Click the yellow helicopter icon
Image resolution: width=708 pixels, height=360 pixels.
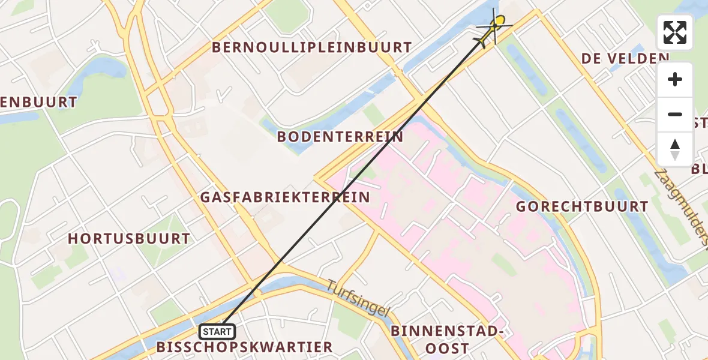[x=495, y=28]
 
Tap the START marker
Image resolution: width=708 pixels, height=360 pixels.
[x=217, y=331]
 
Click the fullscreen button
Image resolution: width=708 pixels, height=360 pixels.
[x=675, y=32]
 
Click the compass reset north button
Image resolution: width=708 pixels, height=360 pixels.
[x=675, y=149]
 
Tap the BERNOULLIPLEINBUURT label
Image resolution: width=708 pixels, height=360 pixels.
[x=311, y=47]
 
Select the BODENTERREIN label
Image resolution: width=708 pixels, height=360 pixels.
[x=340, y=137]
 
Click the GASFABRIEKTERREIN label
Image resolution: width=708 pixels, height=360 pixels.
[x=284, y=197]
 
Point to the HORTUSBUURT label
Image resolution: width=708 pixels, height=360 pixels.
[x=128, y=239]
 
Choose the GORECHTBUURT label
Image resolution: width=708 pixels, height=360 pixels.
[x=582, y=207]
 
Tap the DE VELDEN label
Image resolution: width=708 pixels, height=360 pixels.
[x=625, y=58]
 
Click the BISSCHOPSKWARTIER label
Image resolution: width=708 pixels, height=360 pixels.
[x=244, y=347]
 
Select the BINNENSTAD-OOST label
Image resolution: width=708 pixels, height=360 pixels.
[x=446, y=340]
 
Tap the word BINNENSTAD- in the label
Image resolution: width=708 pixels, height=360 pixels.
[x=446, y=331]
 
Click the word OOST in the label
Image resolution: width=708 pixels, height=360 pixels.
[x=446, y=349]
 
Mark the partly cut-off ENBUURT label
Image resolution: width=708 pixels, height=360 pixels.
[x=39, y=103]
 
